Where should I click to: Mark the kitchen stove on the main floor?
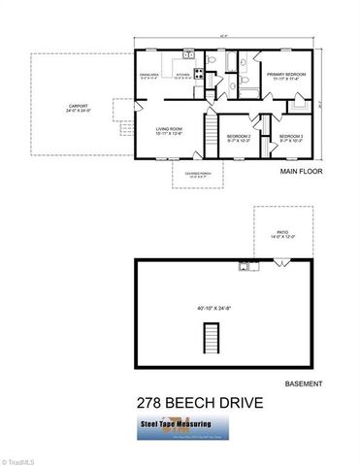tap(198, 72)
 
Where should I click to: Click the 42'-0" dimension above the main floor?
tap(225, 37)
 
